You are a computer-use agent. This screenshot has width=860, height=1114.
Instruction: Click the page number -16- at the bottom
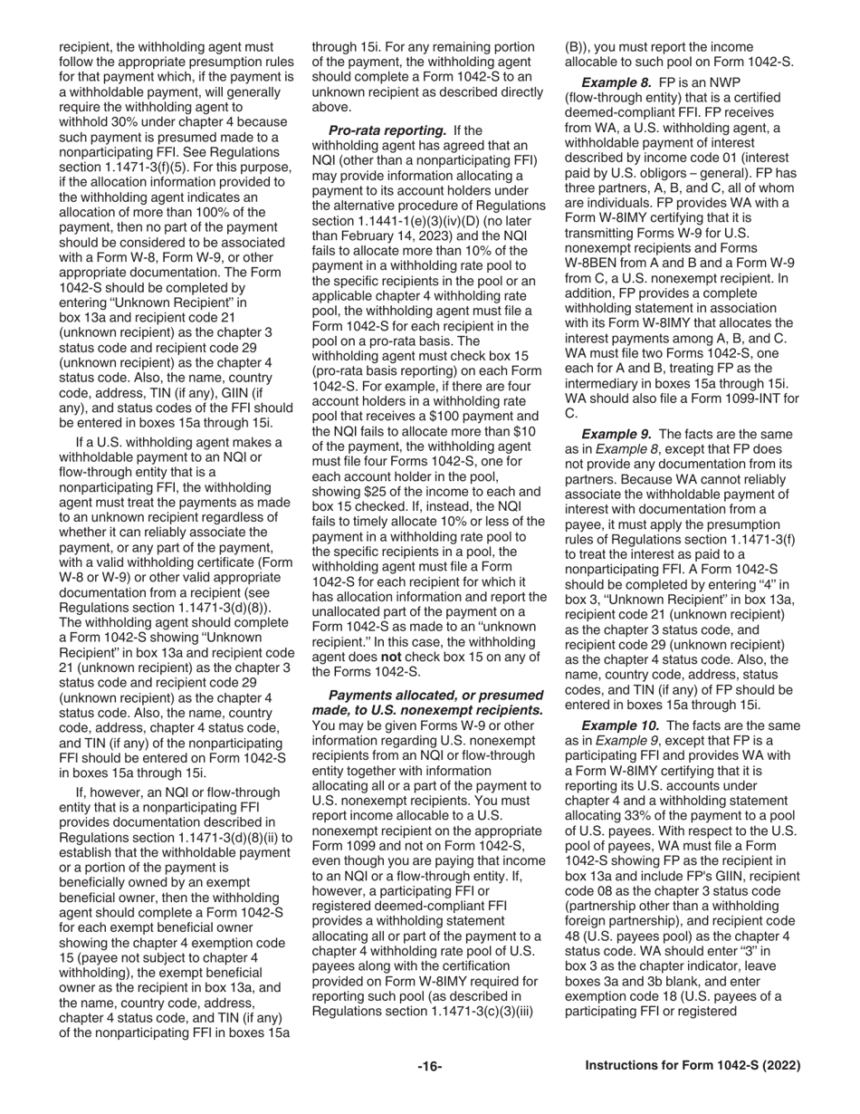tap(429, 1066)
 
